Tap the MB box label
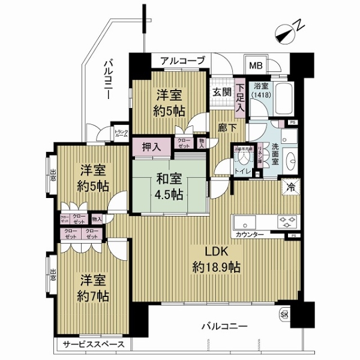(x=256, y=66)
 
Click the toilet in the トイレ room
(x=244, y=158)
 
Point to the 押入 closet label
(x=151, y=145)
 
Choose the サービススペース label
(x=95, y=344)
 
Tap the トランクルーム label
(x=121, y=134)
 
